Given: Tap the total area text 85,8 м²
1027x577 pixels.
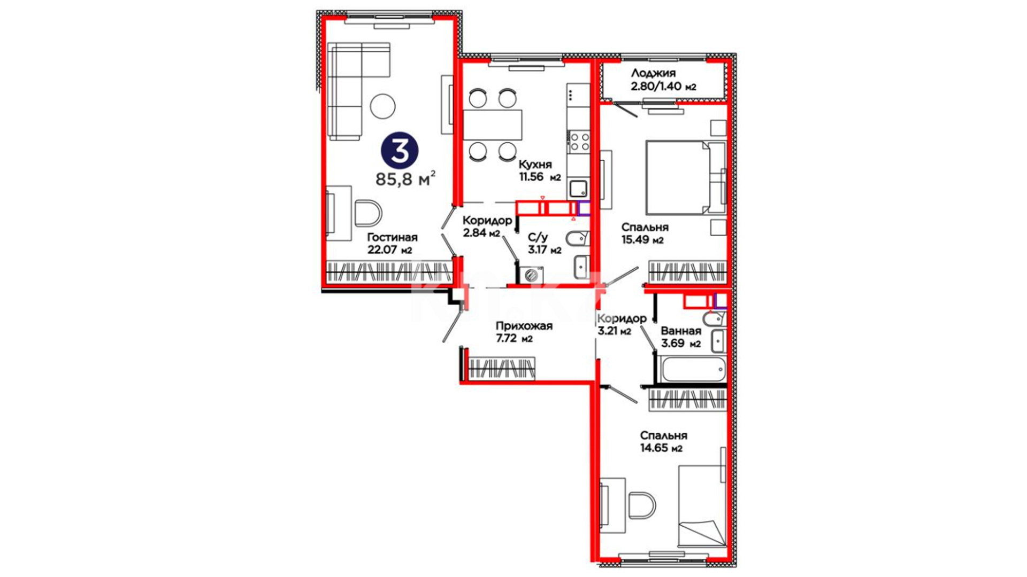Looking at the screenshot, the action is (405, 178).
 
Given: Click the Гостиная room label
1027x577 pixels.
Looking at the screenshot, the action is (392, 237).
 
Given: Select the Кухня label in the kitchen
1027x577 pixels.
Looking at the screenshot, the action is (535, 165).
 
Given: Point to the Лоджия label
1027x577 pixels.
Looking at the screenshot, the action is (653, 73).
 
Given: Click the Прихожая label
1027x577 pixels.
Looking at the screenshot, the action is (524, 326).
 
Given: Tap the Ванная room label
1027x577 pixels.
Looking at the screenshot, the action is (680, 331).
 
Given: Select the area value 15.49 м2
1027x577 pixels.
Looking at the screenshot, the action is (642, 240).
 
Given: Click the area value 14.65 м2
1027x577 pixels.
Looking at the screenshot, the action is (661, 448).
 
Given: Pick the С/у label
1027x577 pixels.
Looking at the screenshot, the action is (538, 237).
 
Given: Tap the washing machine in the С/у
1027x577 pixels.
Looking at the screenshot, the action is (531, 275).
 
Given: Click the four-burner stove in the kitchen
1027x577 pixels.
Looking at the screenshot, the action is (579, 141).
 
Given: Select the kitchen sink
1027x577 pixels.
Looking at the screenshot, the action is (578, 189).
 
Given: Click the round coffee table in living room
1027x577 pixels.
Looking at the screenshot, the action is (382, 106).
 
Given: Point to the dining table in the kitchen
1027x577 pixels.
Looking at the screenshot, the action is (492, 125).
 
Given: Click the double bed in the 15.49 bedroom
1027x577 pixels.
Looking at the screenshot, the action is (685, 177).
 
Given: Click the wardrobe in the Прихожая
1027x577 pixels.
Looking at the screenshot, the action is (501, 369).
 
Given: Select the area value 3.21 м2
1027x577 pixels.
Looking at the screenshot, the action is (614, 331).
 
